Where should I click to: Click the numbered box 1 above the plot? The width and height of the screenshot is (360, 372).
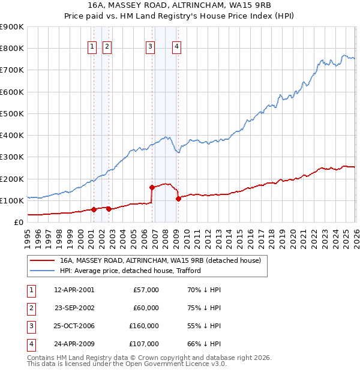click(92, 47)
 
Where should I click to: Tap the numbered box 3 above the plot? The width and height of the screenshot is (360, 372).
click(150, 47)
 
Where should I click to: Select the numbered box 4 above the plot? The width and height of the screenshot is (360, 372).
click(177, 47)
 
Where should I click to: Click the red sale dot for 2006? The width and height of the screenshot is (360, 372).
click(152, 187)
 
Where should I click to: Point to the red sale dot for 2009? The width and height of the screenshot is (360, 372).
click(178, 199)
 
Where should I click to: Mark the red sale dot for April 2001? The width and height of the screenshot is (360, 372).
click(94, 210)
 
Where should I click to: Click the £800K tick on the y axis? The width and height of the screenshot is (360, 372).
click(12, 49)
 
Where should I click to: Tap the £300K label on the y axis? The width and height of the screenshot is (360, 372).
click(12, 157)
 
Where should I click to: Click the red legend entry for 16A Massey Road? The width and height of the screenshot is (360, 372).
click(160, 260)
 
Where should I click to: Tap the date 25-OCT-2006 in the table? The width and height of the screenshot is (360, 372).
click(74, 326)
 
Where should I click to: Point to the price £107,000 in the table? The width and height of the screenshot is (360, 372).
click(144, 344)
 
